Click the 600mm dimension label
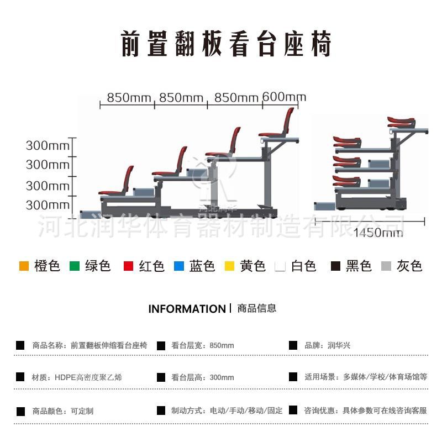284,97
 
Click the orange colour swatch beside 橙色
24,266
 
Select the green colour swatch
75,266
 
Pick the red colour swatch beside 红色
128,266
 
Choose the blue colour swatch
178,266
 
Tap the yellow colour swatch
229,266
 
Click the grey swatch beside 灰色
386,266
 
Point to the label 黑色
359,266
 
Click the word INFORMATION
187,309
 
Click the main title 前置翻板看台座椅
226,45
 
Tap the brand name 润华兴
339,345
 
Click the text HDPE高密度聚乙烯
88,378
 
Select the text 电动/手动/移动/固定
246,411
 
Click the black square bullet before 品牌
293,345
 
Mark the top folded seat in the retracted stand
402,122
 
